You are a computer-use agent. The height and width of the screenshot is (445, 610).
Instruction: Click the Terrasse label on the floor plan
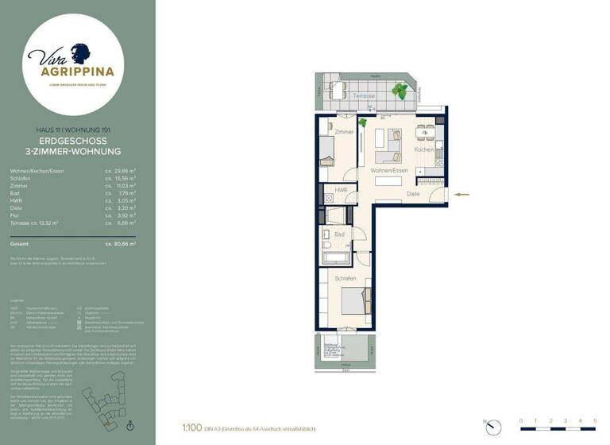click(x=365, y=96)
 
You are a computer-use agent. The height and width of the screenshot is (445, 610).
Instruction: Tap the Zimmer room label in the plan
click(x=344, y=132)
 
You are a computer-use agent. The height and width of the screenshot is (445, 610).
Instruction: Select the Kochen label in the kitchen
click(x=423, y=149)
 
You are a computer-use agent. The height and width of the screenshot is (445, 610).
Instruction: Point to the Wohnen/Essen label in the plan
click(x=389, y=171)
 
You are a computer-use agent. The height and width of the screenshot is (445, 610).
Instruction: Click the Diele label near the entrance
click(x=413, y=193)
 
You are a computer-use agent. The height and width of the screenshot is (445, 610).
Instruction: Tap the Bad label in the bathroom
click(x=339, y=235)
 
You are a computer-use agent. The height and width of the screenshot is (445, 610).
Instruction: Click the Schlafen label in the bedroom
click(x=344, y=279)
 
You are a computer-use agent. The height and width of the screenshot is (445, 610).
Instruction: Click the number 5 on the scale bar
click(x=594, y=420)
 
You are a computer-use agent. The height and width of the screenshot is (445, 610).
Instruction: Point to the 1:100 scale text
click(x=190, y=428)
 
